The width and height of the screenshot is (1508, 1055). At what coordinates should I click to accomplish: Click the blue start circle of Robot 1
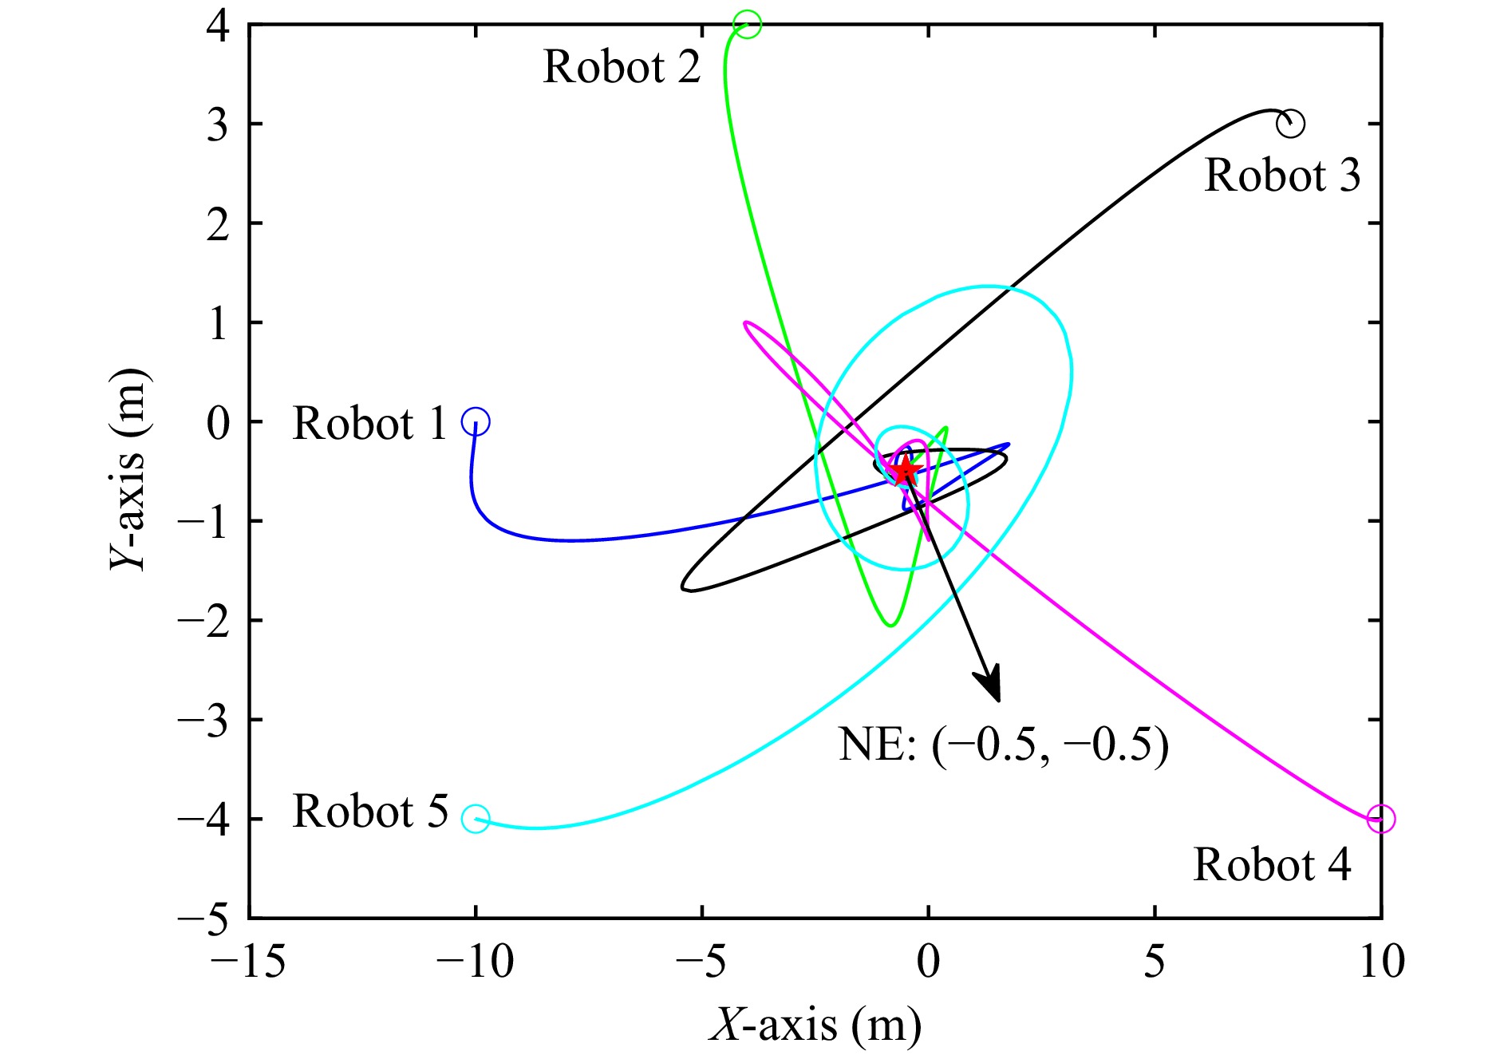point(476,421)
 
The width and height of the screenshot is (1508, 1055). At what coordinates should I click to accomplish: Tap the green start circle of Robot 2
point(748,24)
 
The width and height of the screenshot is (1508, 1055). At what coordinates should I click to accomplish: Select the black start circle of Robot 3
point(1290,124)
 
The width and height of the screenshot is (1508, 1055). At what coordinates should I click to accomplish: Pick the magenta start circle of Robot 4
point(1380,819)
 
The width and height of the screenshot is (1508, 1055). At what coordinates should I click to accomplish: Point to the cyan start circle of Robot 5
point(476,819)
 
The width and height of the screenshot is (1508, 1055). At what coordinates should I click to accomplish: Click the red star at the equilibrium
point(906,471)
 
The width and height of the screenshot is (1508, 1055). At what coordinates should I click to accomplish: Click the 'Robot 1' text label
point(369,423)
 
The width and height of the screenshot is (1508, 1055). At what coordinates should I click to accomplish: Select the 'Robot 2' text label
point(622,66)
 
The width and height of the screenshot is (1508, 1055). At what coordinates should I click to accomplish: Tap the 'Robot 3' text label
point(1282,175)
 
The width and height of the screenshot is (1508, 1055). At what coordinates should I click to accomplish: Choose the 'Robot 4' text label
point(1272,864)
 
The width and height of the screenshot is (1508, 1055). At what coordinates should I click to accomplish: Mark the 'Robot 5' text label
point(370,812)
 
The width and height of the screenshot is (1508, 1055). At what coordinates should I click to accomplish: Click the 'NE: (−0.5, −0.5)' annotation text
point(1003,745)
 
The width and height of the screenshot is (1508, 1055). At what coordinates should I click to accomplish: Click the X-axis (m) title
point(815,1025)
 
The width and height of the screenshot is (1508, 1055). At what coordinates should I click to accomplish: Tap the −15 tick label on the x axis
point(248,961)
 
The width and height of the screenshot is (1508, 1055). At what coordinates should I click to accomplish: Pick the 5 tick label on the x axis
point(1155,961)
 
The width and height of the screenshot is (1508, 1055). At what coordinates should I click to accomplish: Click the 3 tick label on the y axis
point(217,125)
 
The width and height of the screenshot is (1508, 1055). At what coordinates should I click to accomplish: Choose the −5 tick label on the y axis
point(203,919)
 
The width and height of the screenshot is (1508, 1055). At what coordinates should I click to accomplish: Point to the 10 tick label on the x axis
point(1381,961)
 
